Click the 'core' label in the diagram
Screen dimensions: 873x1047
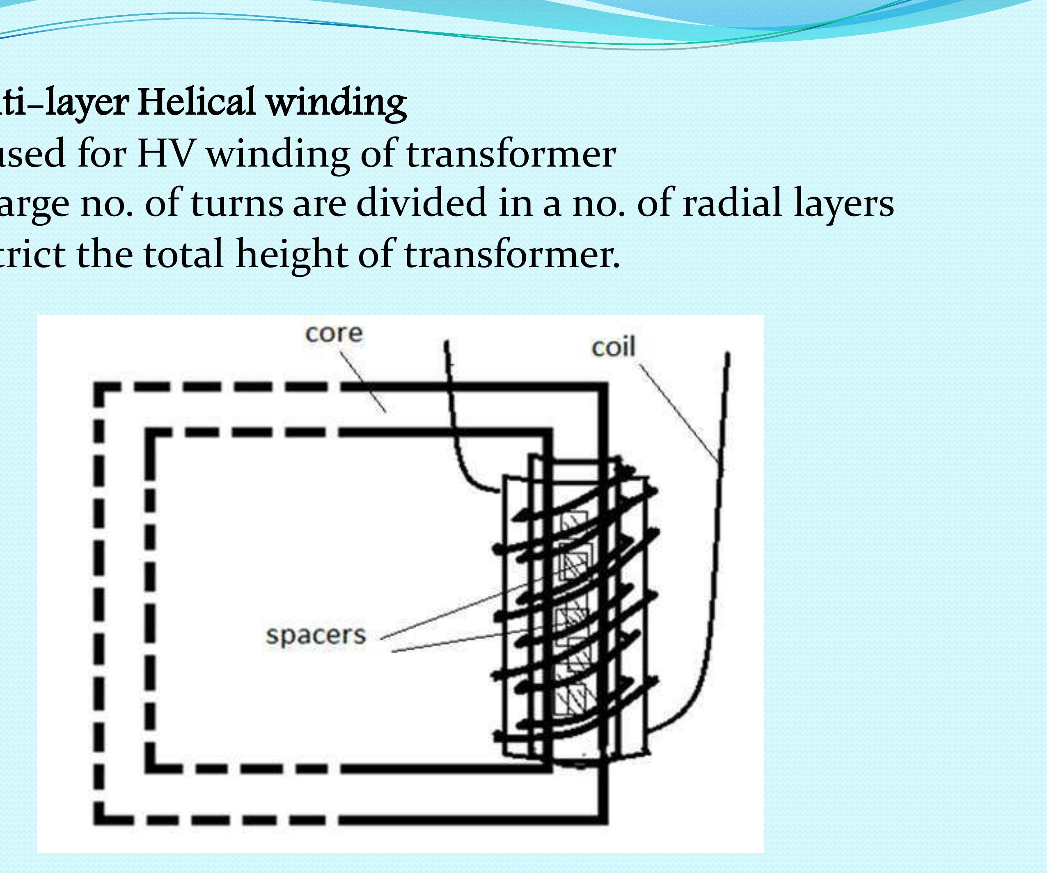[x=334, y=334]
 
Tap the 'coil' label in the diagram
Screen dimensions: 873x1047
[x=613, y=347]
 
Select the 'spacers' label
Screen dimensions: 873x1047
[x=316, y=636]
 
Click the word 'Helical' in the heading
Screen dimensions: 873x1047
[x=198, y=102]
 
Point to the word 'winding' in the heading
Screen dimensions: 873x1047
[x=336, y=103]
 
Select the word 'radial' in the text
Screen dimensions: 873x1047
[x=731, y=203]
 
